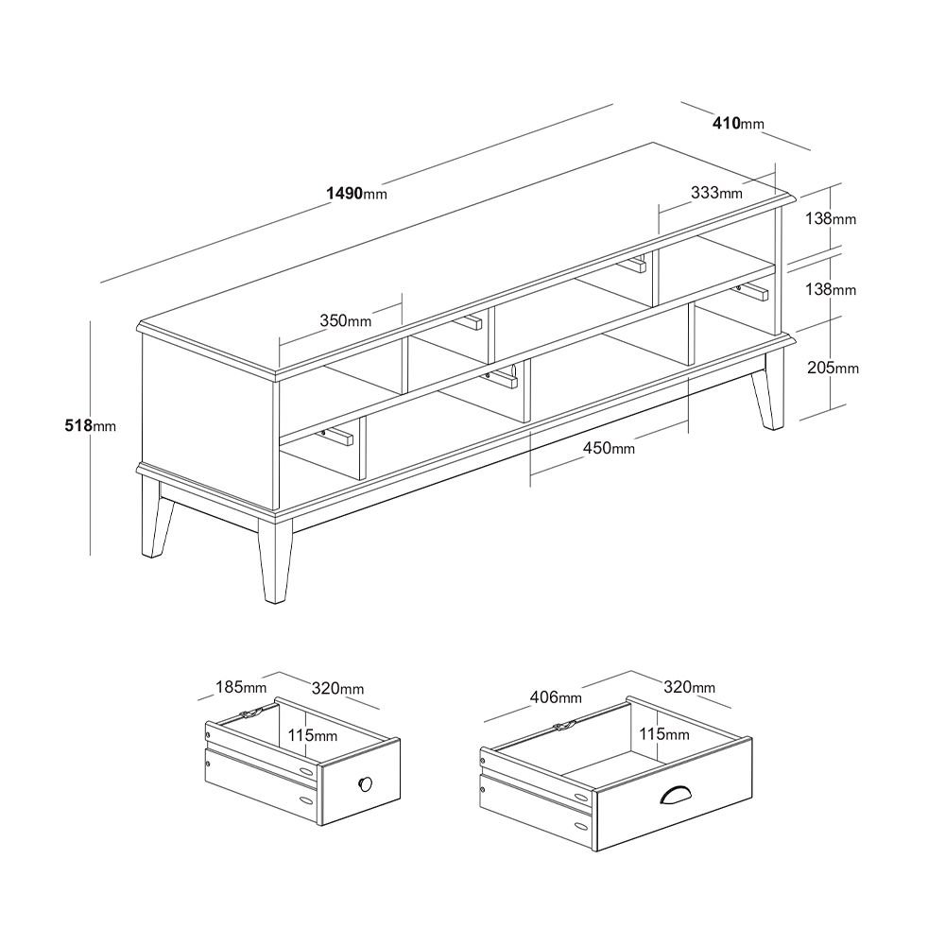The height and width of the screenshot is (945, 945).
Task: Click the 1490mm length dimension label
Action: (x=356, y=194)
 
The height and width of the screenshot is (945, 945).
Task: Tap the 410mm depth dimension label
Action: (x=738, y=123)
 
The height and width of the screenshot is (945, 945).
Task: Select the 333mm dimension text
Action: (x=716, y=193)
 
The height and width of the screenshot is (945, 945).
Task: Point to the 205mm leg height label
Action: (x=833, y=368)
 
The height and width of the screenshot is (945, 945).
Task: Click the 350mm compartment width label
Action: (x=345, y=320)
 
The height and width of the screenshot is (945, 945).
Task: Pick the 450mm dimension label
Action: (x=608, y=448)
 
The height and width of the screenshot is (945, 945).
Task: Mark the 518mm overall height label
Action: (x=90, y=426)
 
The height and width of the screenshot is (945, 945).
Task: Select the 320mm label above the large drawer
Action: (x=689, y=687)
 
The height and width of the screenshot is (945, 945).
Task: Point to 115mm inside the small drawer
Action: (x=312, y=734)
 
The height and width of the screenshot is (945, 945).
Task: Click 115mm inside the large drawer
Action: (x=662, y=733)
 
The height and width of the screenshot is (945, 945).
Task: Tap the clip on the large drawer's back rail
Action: (x=565, y=726)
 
